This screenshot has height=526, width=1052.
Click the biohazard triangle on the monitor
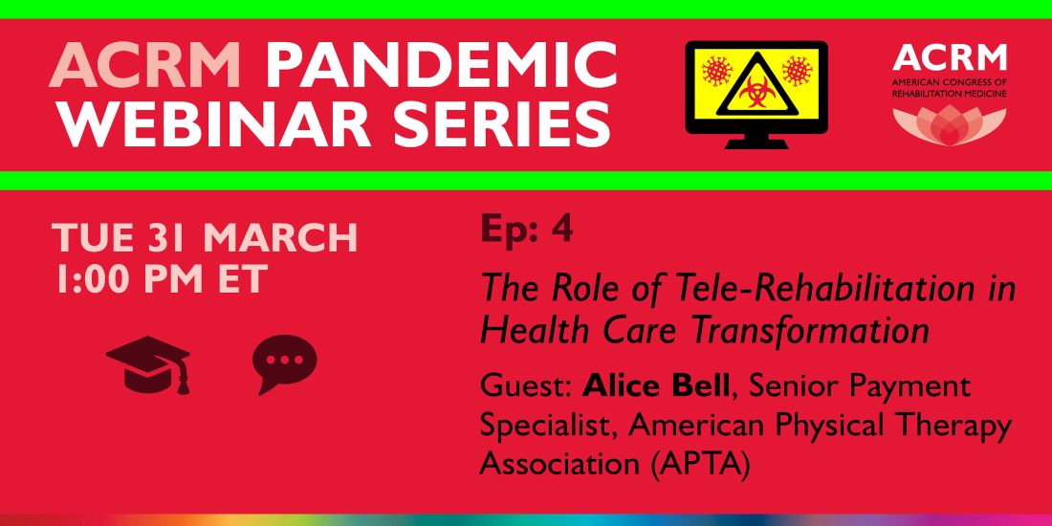click(x=756, y=85)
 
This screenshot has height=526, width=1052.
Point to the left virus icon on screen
click(x=715, y=71)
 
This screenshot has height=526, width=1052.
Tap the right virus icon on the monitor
click(x=797, y=71)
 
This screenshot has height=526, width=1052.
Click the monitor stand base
click(x=756, y=143)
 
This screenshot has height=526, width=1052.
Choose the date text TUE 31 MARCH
click(x=205, y=238)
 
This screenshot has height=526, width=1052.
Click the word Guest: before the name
click(x=526, y=386)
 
